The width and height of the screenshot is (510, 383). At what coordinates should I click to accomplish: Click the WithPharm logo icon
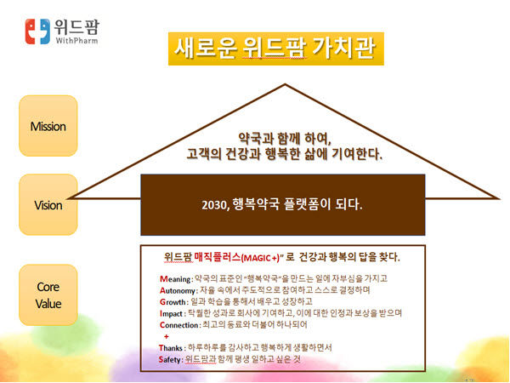coord(37,31)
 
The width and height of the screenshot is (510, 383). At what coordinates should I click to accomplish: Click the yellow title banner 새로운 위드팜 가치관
coord(275,49)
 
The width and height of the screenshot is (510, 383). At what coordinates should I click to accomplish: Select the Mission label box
coord(48,126)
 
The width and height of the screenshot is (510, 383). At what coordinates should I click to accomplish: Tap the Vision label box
coord(48,204)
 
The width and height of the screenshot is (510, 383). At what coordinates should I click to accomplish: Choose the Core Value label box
coord(48,295)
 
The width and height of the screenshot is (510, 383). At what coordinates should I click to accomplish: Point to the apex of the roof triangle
coord(285,84)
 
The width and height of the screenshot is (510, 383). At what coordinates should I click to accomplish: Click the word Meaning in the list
coord(175,279)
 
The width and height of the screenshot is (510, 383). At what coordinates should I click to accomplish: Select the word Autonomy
coord(178,290)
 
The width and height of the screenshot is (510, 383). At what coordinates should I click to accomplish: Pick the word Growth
coord(173,302)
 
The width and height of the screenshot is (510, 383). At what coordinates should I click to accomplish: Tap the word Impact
coord(171,313)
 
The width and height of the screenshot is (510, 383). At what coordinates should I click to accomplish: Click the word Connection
coord(178,325)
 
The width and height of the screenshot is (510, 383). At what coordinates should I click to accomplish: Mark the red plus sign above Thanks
coord(167,336)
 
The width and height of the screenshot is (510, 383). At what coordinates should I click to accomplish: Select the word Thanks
coord(171,348)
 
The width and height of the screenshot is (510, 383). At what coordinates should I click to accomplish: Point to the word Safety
coord(169,359)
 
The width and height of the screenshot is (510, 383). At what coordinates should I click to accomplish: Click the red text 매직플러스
coord(218,257)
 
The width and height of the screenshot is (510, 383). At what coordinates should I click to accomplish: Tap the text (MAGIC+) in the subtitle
coord(261,258)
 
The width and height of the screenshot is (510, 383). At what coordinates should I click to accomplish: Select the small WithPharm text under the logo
coord(76,41)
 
